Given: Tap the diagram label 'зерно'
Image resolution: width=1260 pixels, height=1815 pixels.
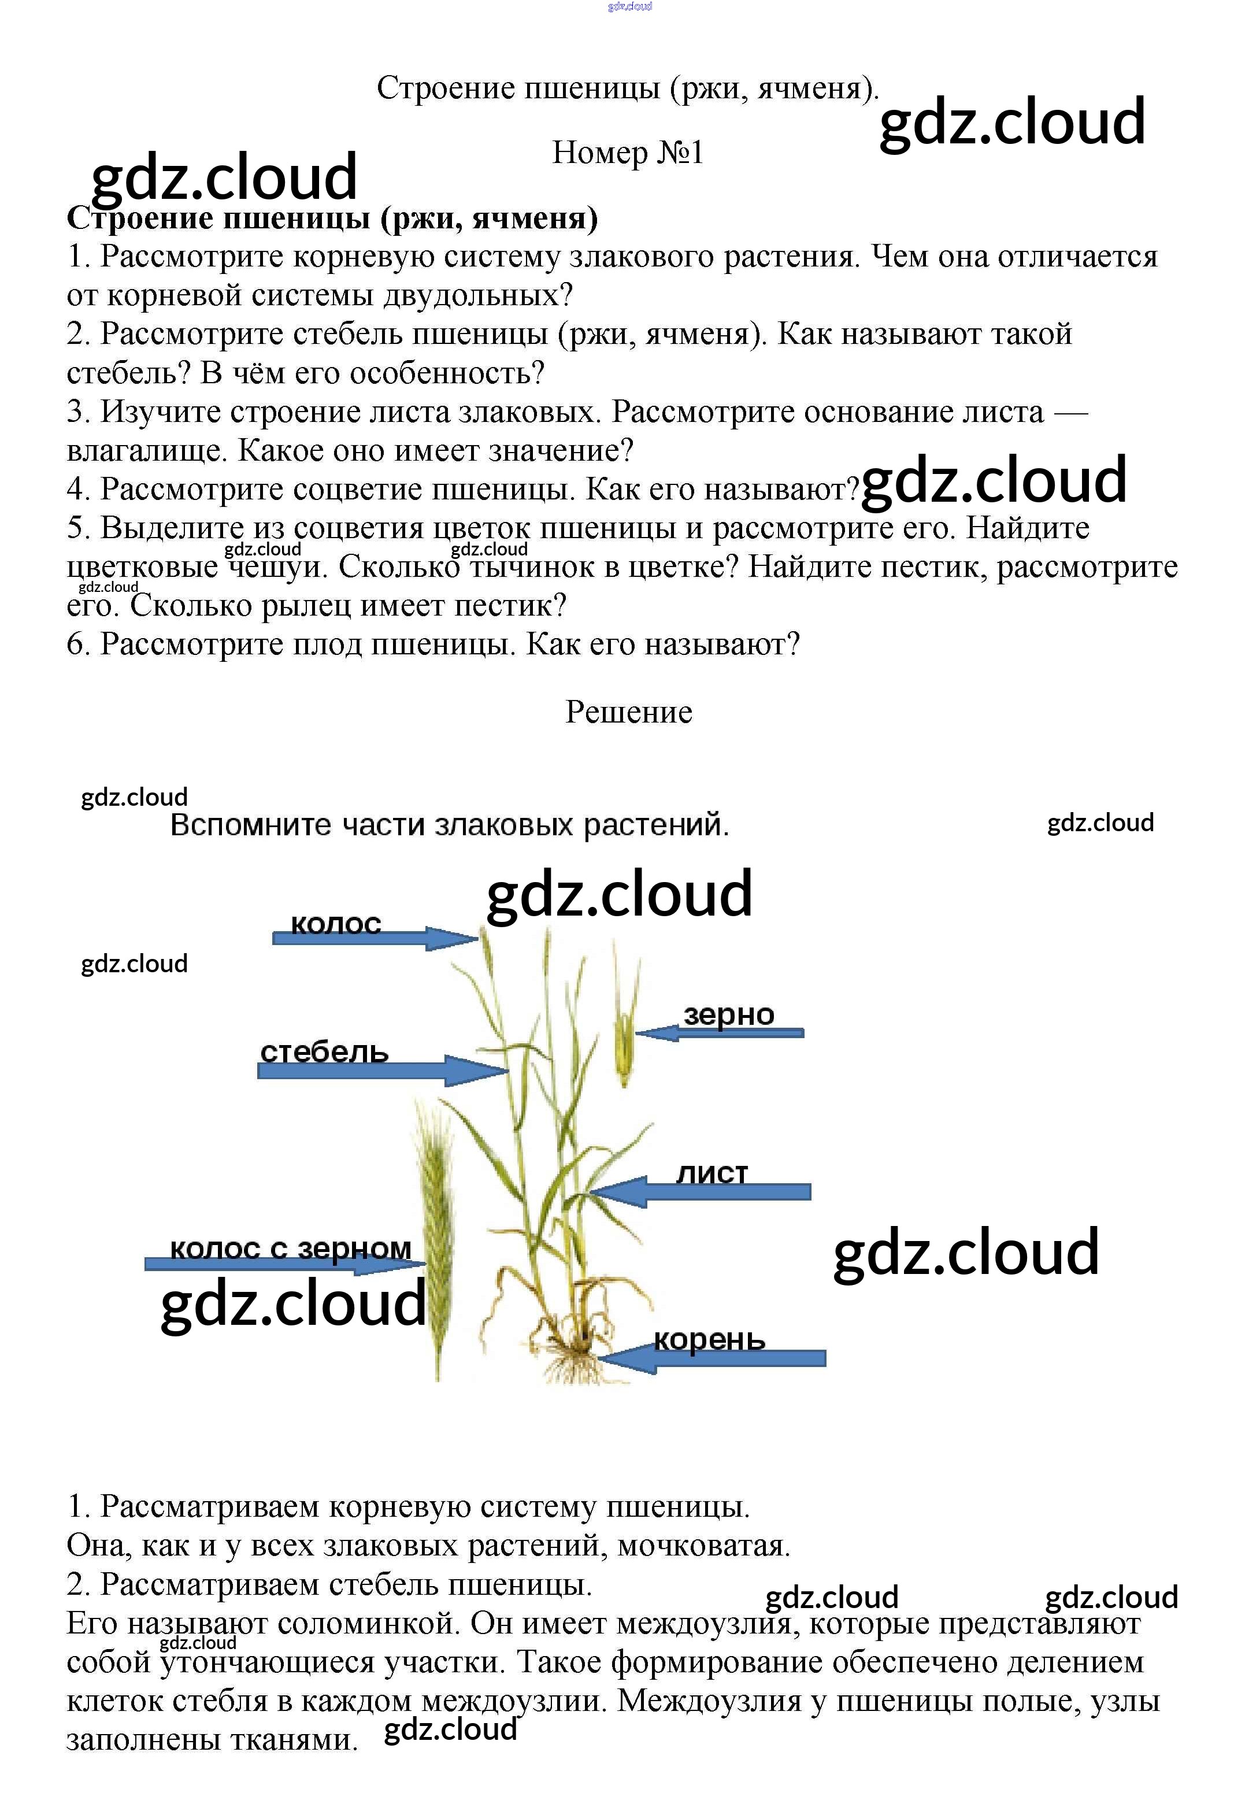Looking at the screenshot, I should [729, 1014].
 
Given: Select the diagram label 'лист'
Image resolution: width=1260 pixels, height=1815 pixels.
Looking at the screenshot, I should [711, 1174].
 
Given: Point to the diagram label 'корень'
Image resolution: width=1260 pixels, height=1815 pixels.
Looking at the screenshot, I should [709, 1340].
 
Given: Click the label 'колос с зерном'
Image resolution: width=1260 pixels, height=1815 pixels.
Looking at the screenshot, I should [291, 1248].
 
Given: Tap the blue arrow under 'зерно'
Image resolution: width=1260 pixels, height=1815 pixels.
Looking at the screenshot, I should [719, 1032].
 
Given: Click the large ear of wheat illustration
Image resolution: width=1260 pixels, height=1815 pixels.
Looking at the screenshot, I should [436, 1247].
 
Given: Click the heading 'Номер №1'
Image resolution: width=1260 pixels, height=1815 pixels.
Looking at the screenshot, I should [628, 153].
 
